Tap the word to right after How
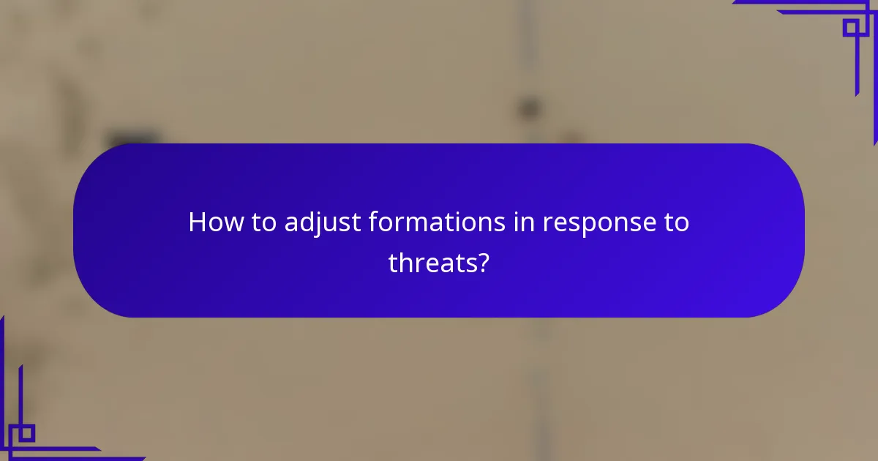tap(260, 222)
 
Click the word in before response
tap(522, 222)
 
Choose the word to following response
tap(674, 222)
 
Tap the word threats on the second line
tap(430, 263)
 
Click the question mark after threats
tap(481, 262)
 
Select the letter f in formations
tap(373, 222)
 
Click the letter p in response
tap(593, 225)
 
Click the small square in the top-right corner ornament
tap(851, 28)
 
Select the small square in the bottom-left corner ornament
tap(26, 433)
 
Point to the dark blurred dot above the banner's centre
tap(528, 108)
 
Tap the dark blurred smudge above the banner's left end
tap(133, 137)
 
